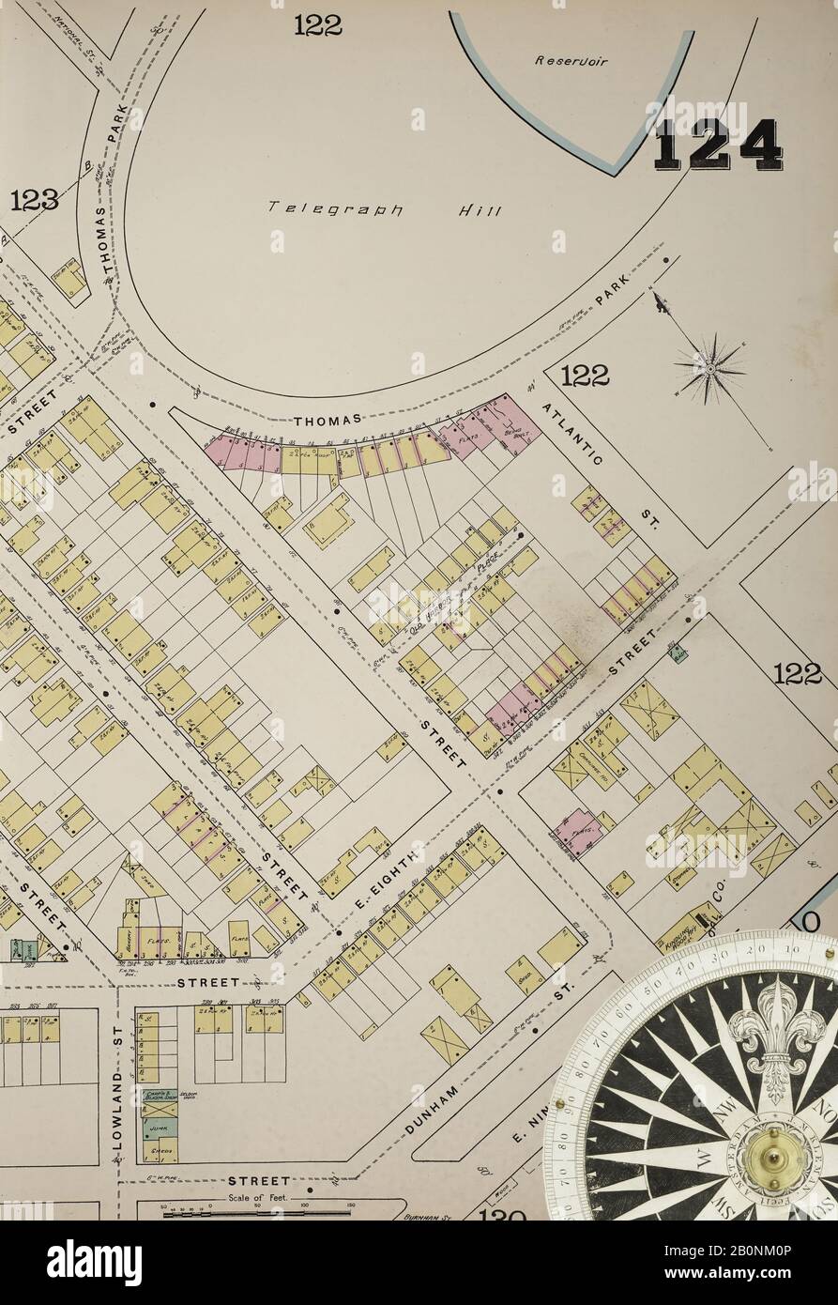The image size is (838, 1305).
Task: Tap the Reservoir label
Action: (571, 61)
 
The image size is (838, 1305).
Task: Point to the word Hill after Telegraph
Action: (480, 210)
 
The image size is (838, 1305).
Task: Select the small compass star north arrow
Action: (710, 369)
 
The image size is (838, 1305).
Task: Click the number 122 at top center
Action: (317, 25)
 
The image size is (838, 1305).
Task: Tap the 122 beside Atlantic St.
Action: (584, 376)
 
